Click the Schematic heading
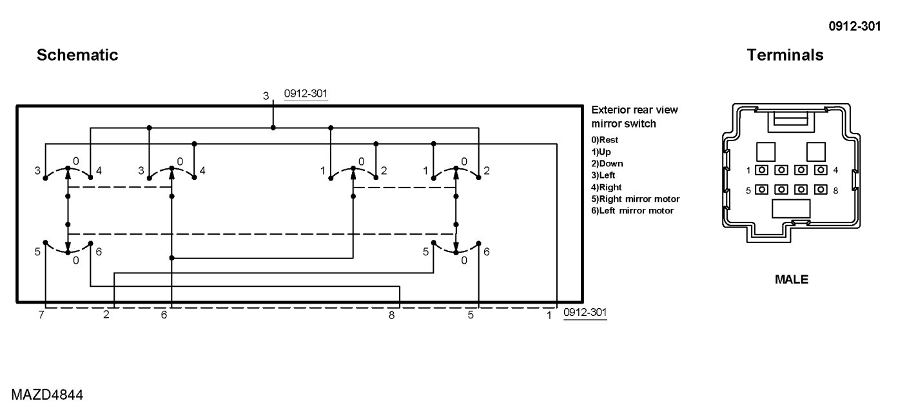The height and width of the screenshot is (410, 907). click(77, 55)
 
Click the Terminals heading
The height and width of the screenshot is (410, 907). click(785, 55)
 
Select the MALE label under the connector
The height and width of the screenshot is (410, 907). click(791, 280)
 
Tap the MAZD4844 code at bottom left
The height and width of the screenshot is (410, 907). click(46, 394)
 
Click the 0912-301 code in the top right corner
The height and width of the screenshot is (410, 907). click(855, 26)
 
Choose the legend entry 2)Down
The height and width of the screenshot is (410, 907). click(607, 163)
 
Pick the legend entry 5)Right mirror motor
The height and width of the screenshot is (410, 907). click(635, 199)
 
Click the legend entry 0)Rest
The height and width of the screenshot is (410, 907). click(605, 139)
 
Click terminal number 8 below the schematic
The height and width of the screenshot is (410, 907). click(391, 315)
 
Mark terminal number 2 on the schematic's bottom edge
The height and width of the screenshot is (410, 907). click(106, 315)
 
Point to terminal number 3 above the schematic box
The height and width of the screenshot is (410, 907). click(266, 96)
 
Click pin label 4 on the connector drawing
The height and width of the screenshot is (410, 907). click(835, 170)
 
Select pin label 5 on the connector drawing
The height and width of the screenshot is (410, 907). click(748, 190)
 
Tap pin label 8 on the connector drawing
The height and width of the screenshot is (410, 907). click(835, 190)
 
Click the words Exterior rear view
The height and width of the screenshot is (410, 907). click(634, 110)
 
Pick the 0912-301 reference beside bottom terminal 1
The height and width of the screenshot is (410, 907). click(585, 312)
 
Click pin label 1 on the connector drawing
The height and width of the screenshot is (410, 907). click(748, 170)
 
